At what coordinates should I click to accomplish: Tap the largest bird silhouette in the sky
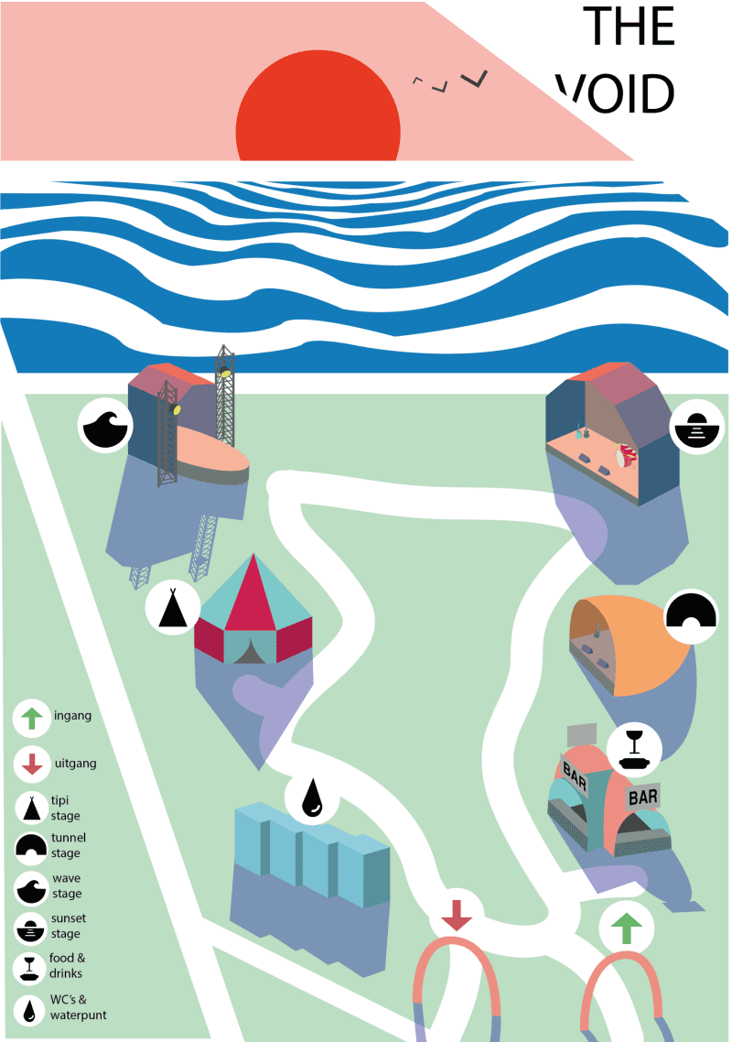coord(475,79)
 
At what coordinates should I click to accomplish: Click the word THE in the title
coord(629,27)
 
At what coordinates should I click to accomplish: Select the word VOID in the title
coord(615,93)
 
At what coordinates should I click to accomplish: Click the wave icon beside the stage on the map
coord(105,426)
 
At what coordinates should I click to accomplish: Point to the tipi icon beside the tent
coord(173,607)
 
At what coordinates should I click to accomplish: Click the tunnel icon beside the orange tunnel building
coord(691,616)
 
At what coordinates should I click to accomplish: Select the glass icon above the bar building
coord(634,749)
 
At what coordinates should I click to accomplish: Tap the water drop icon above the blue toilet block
coord(312,798)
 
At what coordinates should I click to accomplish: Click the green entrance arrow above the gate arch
coord(626,928)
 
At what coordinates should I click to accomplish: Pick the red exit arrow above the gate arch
coord(457,915)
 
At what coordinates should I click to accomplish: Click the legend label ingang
coord(73,716)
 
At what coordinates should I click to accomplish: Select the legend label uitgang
coord(76,764)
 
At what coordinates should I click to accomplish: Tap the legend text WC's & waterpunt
coord(78,1007)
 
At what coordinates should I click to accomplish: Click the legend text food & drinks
coord(67,966)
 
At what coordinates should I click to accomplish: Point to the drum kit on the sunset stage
coord(625,455)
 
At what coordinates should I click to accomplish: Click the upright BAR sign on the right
coord(643,797)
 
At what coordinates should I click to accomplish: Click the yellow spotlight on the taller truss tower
coord(227,373)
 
